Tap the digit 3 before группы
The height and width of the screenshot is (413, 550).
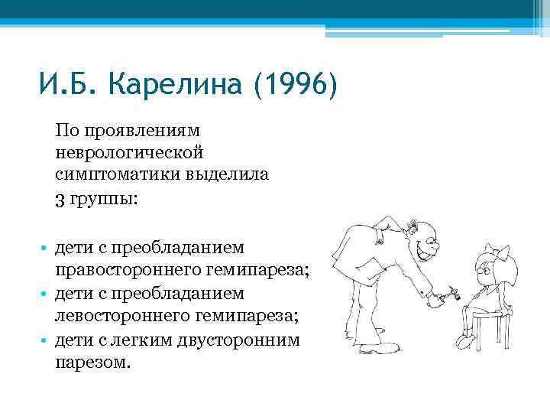60,200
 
